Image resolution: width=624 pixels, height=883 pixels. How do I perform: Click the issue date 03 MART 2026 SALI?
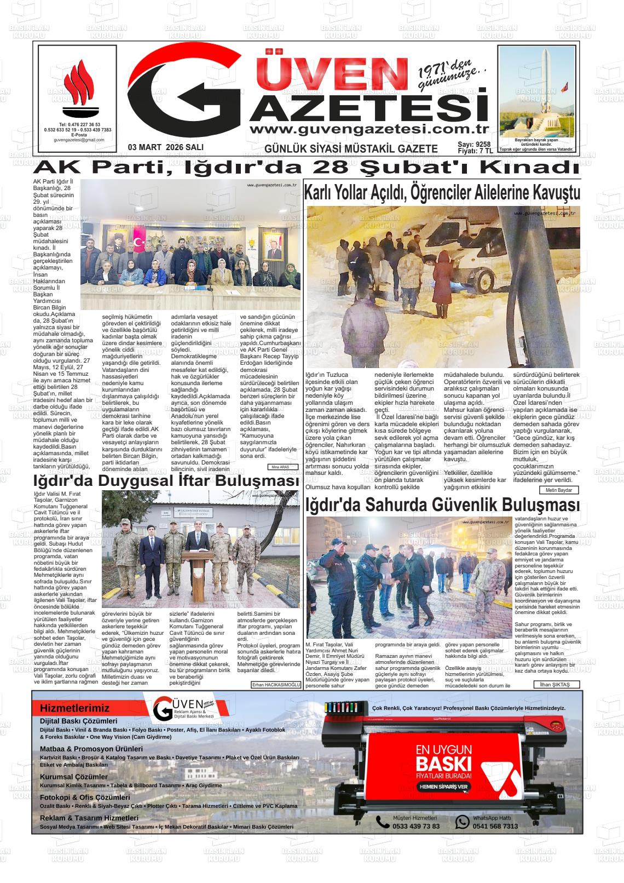coord(165,147)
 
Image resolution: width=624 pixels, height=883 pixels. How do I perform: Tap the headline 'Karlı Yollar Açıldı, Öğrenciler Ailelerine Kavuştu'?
coord(442,193)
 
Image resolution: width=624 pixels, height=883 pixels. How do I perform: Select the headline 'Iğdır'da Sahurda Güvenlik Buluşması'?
coord(442,504)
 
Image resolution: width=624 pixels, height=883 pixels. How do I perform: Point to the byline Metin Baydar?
coord(559,490)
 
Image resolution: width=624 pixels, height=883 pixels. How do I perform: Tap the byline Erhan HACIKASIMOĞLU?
coord(276,685)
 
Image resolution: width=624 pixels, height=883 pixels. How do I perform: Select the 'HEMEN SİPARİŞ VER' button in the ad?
coord(444,787)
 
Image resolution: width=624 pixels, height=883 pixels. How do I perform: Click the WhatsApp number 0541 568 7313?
coord(495,826)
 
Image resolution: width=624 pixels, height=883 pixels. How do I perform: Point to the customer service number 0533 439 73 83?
coord(415,826)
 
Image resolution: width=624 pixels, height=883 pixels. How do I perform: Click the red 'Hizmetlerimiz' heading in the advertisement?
coord(74,708)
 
